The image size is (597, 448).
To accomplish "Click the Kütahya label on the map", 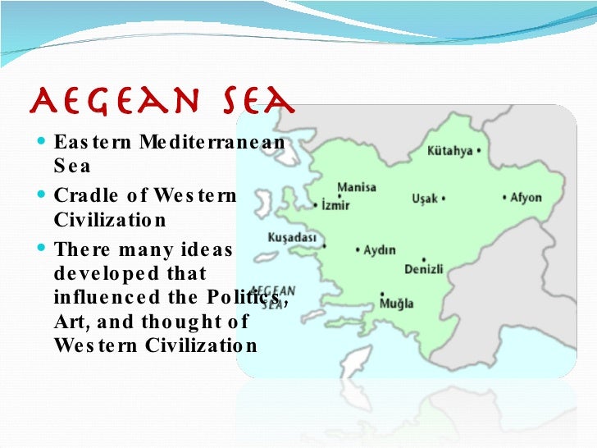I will coord(449,151).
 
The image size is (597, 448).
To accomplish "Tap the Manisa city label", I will coord(357,187).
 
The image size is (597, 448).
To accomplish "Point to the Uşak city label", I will coord(426,199).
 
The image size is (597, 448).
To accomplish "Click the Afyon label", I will coord(526,198).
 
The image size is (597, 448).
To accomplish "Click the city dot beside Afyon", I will coord(504,198).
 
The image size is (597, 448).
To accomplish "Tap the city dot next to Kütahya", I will coord(478,151).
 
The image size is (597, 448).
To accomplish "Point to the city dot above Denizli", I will coord(422,257).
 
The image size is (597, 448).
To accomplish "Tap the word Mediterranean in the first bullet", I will coord(212,141).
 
